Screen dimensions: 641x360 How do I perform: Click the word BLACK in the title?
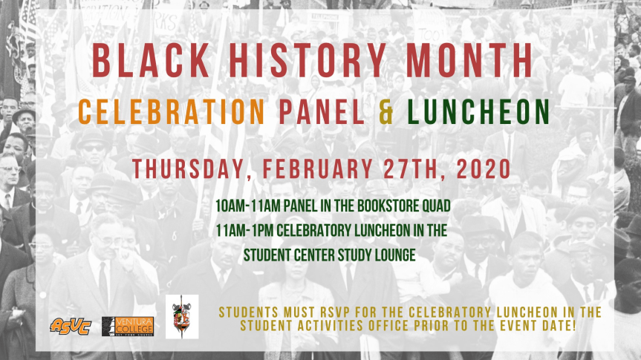coord(151,60)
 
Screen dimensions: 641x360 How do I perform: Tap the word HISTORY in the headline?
coord(307,60)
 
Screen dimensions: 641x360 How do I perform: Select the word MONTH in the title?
coord(469,60)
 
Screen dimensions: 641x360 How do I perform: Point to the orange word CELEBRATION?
coord(172,111)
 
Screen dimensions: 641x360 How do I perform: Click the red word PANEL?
coord(322,111)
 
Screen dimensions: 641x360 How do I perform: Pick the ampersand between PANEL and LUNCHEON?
coord(386,111)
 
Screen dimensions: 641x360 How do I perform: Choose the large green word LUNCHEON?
coord(478,111)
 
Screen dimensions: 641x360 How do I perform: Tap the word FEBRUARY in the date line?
coord(317,168)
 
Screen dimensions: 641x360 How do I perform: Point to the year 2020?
coord(484,168)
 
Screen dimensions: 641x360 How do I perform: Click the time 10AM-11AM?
coord(248,206)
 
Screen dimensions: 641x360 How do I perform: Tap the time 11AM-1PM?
coord(244,230)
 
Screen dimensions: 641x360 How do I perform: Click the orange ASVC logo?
coord(71,326)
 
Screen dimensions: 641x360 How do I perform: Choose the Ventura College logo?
coord(128,326)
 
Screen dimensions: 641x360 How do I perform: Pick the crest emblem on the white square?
coord(182,317)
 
